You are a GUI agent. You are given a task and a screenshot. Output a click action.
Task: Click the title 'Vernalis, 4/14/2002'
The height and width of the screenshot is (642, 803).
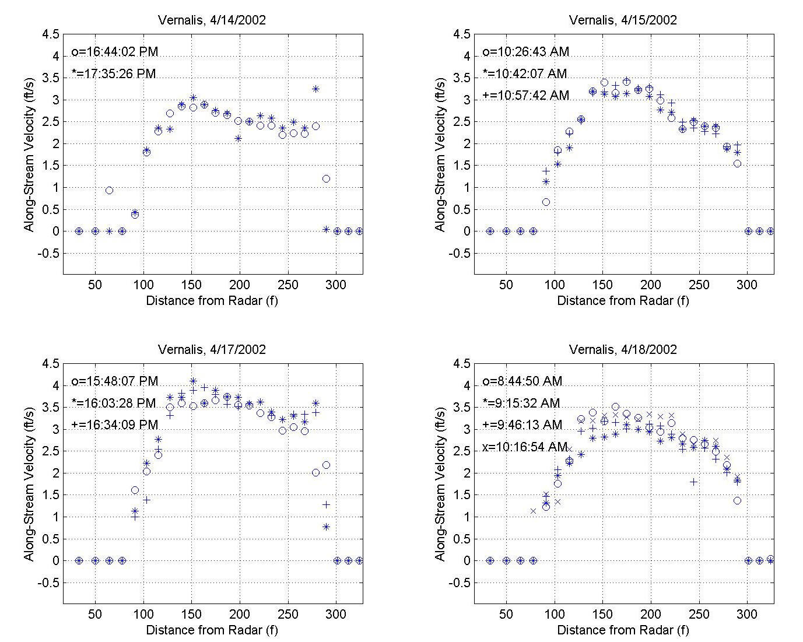pos(212,20)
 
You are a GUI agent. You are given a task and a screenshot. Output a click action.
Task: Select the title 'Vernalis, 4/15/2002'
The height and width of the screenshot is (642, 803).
pos(623,20)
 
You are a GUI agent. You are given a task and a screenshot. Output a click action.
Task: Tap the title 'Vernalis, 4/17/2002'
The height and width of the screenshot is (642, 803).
pos(212,349)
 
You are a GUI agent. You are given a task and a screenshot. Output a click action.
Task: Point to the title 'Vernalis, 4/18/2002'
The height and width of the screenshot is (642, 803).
pos(623,349)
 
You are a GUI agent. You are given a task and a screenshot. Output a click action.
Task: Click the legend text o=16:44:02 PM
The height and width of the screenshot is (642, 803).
pos(114,52)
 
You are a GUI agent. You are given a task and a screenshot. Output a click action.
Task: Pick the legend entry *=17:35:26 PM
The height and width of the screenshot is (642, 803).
pos(114,74)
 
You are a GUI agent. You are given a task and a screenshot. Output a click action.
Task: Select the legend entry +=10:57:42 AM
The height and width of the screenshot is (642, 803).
pos(525,96)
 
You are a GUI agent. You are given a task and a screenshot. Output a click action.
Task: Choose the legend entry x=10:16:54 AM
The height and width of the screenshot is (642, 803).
pos(525,447)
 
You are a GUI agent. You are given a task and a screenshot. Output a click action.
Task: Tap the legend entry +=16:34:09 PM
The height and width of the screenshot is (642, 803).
pos(114,425)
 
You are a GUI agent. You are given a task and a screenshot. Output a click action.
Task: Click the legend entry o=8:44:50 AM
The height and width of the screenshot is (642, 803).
pos(522,381)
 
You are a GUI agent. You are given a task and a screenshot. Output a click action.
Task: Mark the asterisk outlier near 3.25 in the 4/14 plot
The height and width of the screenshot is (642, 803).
pos(315,89)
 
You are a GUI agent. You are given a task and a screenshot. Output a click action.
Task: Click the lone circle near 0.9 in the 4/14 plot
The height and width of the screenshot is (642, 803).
pos(109,190)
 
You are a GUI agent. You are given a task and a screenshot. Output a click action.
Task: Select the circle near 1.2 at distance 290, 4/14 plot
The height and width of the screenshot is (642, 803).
pos(326,178)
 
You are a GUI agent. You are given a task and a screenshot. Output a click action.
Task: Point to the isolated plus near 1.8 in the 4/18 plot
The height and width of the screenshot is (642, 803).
pos(693,482)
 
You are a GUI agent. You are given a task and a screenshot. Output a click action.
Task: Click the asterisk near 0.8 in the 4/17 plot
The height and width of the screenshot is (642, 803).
pos(326,527)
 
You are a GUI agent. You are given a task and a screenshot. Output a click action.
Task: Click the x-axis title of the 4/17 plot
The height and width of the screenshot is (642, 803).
pos(212,630)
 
